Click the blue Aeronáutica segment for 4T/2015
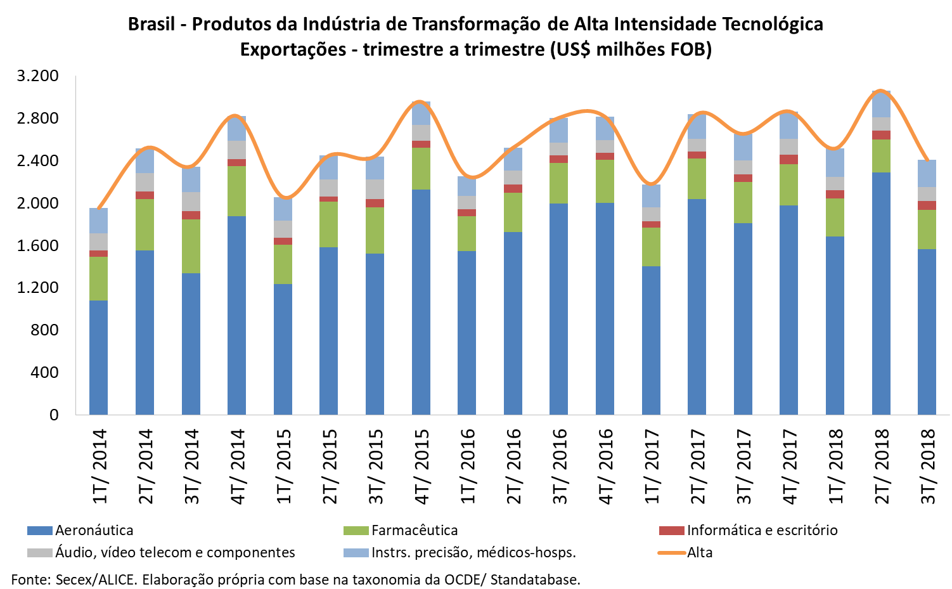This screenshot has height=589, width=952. coord(421,301)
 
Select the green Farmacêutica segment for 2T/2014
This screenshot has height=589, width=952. coord(145,224)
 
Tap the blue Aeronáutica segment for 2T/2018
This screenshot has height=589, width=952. coord(881,293)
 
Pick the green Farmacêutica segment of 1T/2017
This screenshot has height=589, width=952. coord(651,247)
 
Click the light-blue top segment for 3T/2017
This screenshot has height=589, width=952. coord(743,147)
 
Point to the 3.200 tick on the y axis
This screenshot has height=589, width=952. coord(38,76)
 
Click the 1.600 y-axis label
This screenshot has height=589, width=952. coord(38,245)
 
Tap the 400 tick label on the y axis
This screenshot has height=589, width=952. coord(44,372)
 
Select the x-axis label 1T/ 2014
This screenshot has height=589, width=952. coord(99,467)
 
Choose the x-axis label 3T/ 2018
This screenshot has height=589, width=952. coord(927,467)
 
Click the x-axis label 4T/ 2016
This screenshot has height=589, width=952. coord(605,467)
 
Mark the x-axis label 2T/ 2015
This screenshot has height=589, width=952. coord(329,467)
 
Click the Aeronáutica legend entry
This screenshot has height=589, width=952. coord(94,530)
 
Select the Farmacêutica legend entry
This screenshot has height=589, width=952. coord(414,530)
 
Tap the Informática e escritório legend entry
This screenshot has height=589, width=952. coord(762,530)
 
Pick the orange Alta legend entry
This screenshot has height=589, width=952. coord(699,552)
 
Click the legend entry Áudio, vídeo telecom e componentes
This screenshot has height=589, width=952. coord(175,552)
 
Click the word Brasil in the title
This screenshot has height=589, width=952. coord(151,24)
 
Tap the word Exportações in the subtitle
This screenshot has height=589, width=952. coord(292,49)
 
